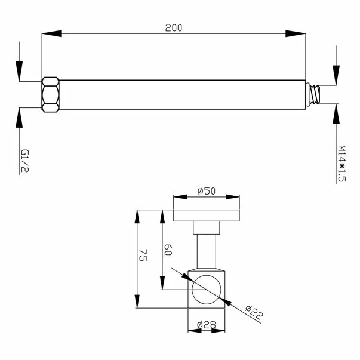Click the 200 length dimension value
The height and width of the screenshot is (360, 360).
174,27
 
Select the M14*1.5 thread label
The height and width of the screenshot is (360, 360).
341,163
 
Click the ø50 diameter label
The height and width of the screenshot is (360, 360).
207,191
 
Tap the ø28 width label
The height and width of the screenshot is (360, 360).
207,326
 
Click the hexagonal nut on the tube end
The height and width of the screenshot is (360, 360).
50,94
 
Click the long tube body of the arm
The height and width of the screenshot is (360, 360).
179,94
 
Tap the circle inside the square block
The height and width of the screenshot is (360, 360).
207,290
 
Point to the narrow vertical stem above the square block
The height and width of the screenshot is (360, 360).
207,251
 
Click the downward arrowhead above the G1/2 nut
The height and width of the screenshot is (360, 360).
19,72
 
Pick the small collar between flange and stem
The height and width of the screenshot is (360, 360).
207,227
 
